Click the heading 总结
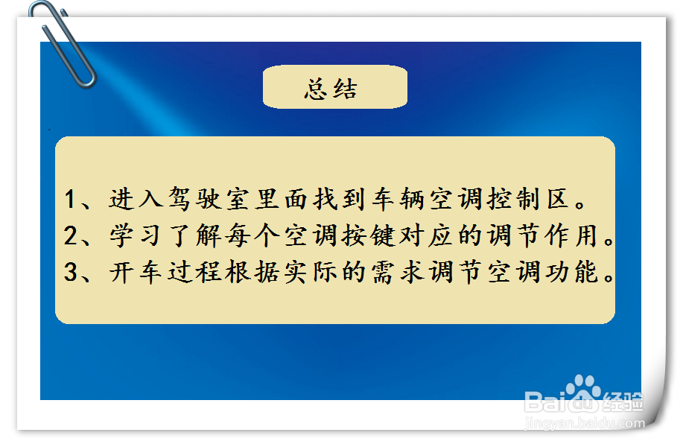tap(331, 89)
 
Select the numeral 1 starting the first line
tap(71, 200)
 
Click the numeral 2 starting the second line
tap(71, 237)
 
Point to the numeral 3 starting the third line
tap(71, 273)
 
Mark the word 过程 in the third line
tap(188, 273)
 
